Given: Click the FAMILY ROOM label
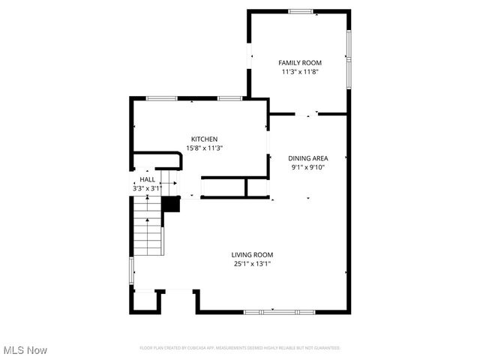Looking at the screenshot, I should [x=300, y=63].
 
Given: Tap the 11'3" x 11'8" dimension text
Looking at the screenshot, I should [x=300, y=72].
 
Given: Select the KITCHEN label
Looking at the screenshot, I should [x=204, y=139].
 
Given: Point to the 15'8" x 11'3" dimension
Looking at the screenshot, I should [x=204, y=148].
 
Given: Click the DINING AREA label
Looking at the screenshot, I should [x=308, y=158].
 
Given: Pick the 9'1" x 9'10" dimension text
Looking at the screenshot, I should [x=308, y=167].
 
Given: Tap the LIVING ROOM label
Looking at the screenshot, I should [x=252, y=255].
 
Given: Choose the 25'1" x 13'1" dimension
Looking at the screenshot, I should [x=252, y=264].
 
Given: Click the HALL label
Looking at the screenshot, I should [x=147, y=180].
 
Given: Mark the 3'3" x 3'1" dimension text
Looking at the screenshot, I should [x=147, y=188].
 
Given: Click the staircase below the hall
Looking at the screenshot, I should [x=148, y=232].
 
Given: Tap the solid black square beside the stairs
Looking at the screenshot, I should [x=171, y=204].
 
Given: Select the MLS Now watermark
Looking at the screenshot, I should [x=25, y=350].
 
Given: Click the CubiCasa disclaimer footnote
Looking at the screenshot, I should [x=240, y=348].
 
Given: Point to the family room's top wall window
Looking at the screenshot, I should [x=301, y=11].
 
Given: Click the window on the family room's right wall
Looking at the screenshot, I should [x=348, y=57].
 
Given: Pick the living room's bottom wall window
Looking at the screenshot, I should [x=271, y=311].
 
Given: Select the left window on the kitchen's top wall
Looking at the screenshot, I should [x=161, y=98].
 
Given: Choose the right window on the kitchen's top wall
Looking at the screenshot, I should [x=229, y=98].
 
